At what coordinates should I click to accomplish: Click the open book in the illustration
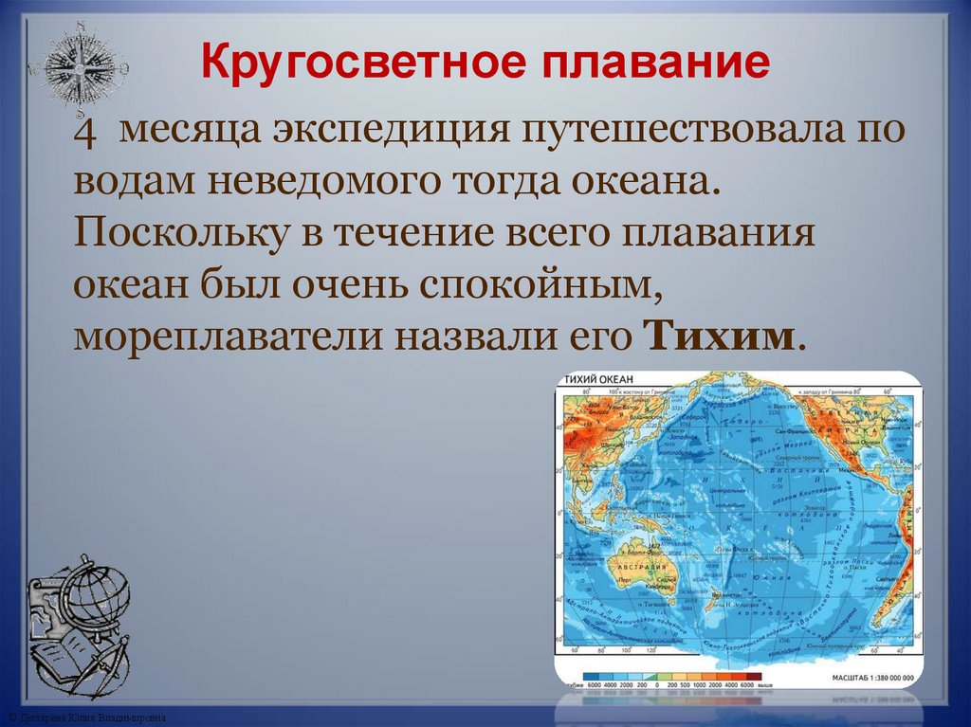point(66,654)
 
